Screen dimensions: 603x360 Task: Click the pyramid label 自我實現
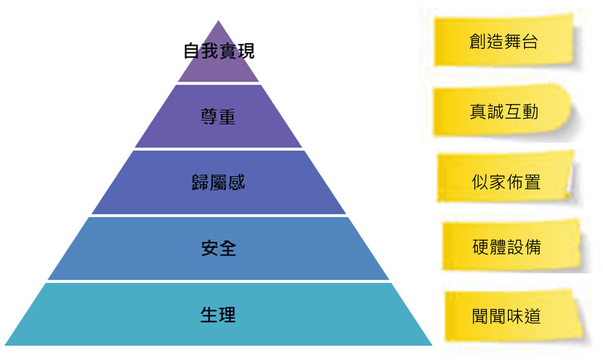[x=219, y=51]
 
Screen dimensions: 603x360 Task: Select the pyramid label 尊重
[x=218, y=117]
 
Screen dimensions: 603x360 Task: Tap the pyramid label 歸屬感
[x=218, y=183]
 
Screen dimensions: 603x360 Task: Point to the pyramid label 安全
[x=218, y=248]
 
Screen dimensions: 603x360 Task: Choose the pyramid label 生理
[x=218, y=315]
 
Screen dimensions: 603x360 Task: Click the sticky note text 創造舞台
[x=503, y=41]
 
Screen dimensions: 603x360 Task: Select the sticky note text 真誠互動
[x=504, y=112]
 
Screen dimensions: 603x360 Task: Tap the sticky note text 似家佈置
[x=506, y=182]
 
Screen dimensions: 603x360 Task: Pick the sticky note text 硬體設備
[x=506, y=247]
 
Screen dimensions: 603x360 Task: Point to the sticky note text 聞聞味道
[x=506, y=316]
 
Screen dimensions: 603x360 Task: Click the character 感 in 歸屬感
[x=237, y=183]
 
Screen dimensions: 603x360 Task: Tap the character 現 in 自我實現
[x=246, y=51]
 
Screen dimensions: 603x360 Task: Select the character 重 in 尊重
[x=227, y=117]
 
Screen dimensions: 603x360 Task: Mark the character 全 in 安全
[x=227, y=248]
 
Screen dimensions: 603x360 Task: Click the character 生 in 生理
[x=209, y=315]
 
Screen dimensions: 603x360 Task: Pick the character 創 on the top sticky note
[x=478, y=41]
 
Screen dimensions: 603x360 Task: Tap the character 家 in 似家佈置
[x=498, y=182]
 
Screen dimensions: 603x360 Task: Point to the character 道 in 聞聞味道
[x=532, y=316]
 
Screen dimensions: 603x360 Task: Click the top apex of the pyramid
[x=218, y=21]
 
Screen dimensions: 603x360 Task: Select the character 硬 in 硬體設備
[x=481, y=247]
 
